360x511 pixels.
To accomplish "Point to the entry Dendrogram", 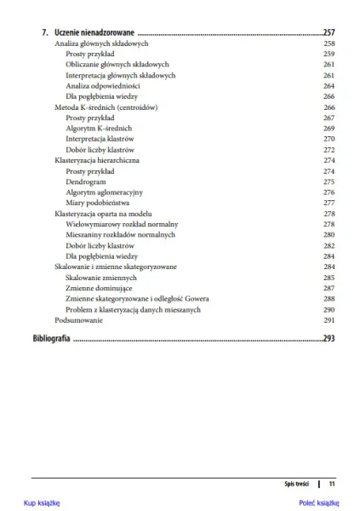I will point(86,181).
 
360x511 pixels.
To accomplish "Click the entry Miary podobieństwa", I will point(98,204).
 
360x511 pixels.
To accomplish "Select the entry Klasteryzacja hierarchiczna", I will point(97,160).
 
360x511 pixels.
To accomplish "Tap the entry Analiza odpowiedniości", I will point(103,86).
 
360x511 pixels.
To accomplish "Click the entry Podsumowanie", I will point(78,320).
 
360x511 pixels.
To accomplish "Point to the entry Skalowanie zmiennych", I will point(100,278).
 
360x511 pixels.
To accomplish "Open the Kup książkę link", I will point(41,503).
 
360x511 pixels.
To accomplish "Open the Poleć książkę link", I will point(319,503).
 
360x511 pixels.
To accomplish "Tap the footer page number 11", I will point(332,483).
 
